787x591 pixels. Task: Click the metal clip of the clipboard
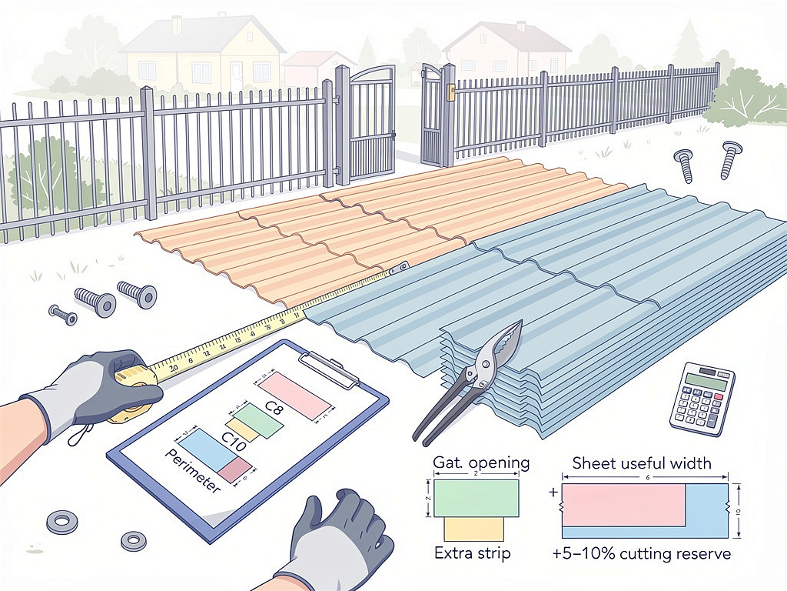click(331, 368)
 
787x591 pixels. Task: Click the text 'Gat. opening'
click(481, 462)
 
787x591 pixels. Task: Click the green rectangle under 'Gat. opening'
click(475, 498)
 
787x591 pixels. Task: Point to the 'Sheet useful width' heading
click(642, 462)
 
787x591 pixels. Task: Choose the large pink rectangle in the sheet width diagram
click(623, 505)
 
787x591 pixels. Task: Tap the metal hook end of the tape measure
click(399, 268)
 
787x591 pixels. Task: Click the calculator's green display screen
click(705, 380)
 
